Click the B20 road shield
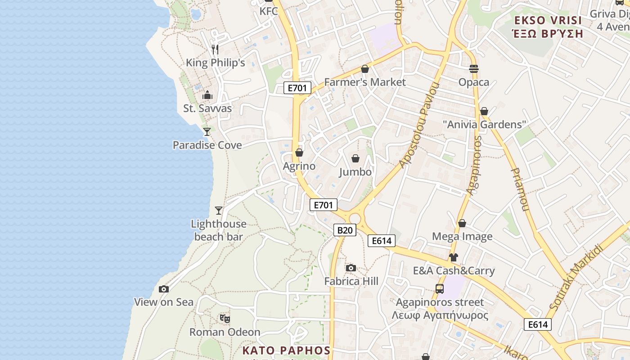(345, 230)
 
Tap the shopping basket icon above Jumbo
(355, 158)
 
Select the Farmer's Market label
(365, 82)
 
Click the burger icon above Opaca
(473, 69)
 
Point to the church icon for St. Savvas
(207, 95)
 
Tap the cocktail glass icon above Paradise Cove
(207, 131)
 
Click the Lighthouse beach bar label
(219, 230)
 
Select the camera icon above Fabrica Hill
(351, 268)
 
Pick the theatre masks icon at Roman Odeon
(225, 319)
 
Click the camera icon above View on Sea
(164, 289)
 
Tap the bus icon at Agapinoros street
(440, 289)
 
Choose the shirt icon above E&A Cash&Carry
(454, 257)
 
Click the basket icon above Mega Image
(462, 223)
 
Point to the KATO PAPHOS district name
(286, 351)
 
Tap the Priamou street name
(519, 189)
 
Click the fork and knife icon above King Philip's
(215, 49)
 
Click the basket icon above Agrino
(299, 153)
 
